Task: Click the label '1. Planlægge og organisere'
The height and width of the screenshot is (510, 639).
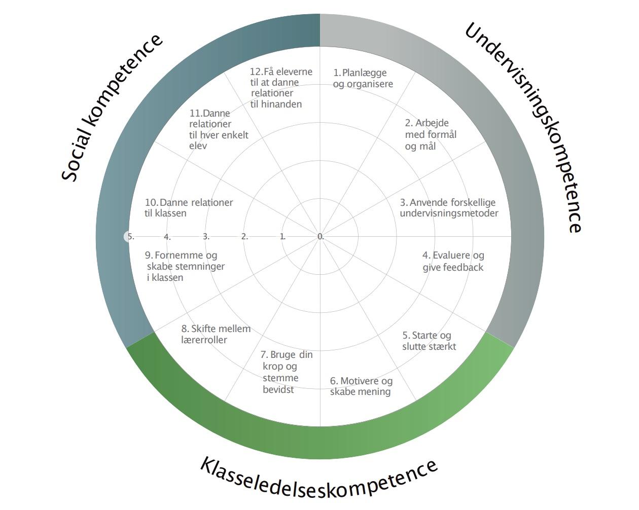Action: [x=363, y=79]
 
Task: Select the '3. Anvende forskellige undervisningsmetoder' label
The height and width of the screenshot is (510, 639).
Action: [x=449, y=208]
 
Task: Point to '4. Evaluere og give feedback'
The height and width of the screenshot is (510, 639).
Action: [x=453, y=261]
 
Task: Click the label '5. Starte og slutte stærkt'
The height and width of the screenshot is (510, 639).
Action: [x=429, y=341]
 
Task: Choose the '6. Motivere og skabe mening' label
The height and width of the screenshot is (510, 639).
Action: [x=361, y=386]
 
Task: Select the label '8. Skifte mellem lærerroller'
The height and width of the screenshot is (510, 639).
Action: [x=216, y=334]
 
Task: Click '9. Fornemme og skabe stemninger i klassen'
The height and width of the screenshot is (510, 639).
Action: [x=185, y=266]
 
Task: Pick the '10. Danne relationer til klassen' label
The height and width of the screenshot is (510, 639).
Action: [x=189, y=207]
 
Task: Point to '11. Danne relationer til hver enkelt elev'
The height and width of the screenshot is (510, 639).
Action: [x=219, y=129]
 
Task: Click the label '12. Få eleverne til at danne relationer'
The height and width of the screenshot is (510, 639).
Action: [x=281, y=88]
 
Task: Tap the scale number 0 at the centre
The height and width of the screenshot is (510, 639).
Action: [x=320, y=236]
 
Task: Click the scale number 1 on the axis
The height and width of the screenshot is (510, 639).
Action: [x=282, y=236]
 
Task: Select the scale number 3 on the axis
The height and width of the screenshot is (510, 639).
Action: [x=206, y=236]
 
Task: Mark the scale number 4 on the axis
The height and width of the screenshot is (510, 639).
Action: [x=167, y=237]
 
